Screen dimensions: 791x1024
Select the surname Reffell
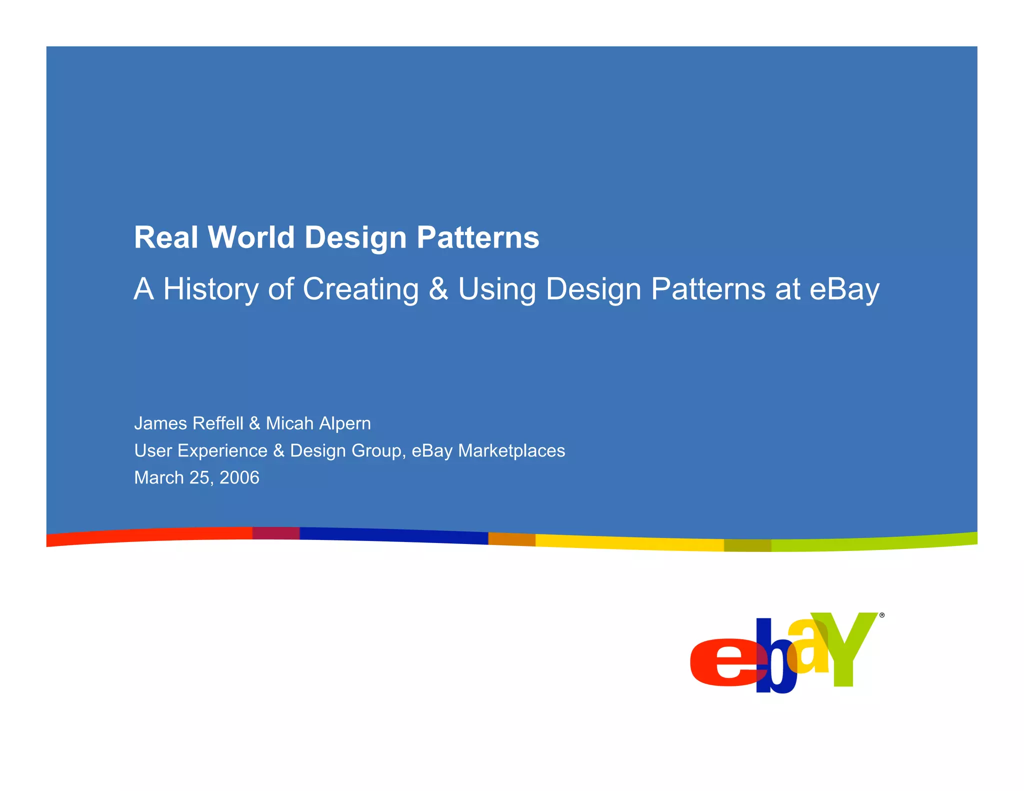[x=217, y=423]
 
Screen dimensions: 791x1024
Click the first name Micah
[x=289, y=423]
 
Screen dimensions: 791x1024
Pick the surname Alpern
[x=345, y=423]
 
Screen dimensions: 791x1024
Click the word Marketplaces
[x=511, y=450]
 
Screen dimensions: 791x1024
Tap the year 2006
[x=239, y=477]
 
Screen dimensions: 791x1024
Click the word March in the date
[x=159, y=477]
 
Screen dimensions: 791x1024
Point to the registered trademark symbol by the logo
[x=882, y=615]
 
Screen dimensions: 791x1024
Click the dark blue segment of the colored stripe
[x=393, y=535]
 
